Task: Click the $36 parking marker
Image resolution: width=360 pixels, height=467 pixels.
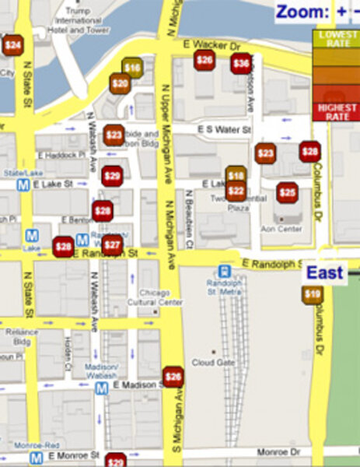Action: point(241,64)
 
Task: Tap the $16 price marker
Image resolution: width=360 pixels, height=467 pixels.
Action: point(132,68)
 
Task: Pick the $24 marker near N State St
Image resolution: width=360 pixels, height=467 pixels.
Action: point(12,45)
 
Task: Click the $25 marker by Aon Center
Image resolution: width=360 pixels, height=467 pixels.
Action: point(288,192)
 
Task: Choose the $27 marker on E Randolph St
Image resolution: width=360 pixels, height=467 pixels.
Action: point(113,246)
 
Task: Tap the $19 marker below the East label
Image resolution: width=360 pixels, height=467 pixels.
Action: point(313,294)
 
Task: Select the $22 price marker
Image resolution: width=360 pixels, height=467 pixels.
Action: point(236,191)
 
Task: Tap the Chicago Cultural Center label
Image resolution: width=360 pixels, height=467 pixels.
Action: point(160,297)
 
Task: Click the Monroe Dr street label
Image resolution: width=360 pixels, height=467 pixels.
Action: point(274,451)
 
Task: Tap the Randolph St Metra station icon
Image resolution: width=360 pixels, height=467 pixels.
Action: point(225,272)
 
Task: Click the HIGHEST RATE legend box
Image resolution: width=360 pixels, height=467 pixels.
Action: point(335,111)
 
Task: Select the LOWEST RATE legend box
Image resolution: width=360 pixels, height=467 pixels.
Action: point(335,40)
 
